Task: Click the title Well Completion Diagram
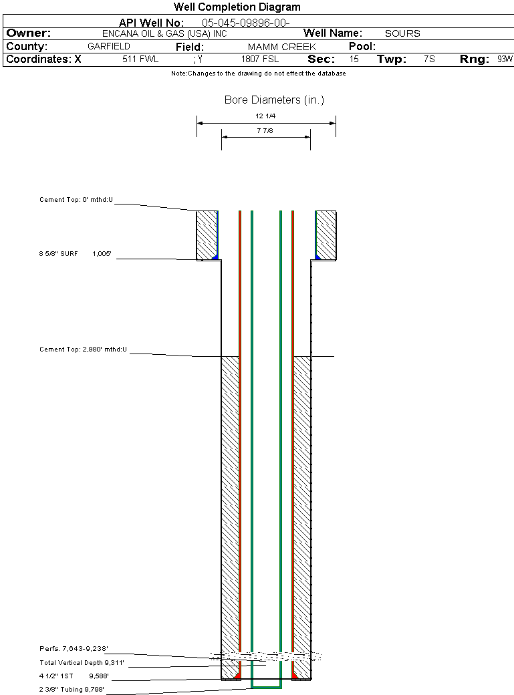237,7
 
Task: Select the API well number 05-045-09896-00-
246,23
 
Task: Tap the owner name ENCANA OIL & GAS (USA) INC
164,33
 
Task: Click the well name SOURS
402,33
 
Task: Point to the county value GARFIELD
109,47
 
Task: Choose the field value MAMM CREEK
281,47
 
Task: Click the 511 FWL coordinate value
140,59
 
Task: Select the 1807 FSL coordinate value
260,59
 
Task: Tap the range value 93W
505,59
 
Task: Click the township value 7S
429,59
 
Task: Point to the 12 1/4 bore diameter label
265,116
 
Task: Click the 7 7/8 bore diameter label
265,131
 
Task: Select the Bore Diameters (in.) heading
274,100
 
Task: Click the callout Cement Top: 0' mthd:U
76,200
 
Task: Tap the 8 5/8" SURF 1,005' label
75,254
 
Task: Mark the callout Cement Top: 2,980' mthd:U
83,350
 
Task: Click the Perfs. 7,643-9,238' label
74,649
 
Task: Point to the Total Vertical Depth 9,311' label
82,663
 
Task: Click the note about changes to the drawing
259,74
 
